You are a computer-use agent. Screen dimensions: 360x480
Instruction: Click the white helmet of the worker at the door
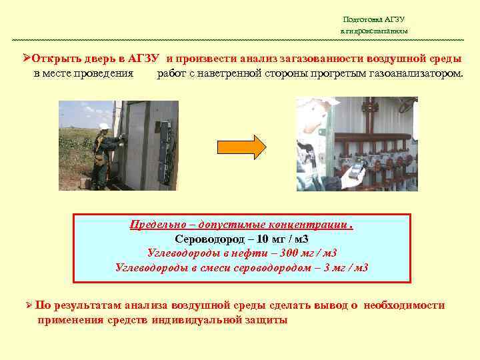(x=104, y=126)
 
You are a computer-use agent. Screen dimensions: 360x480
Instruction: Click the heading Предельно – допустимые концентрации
(x=240, y=224)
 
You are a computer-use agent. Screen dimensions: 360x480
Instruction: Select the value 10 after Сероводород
(x=262, y=238)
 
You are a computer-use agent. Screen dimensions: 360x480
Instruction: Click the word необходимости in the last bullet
(x=405, y=305)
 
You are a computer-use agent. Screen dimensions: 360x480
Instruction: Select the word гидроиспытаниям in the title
(x=377, y=31)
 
